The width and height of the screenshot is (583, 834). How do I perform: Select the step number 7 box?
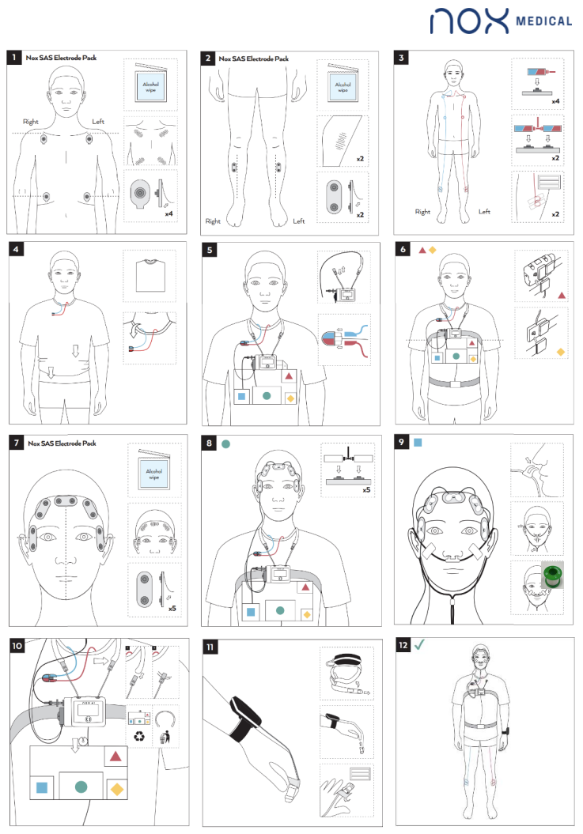(x=16, y=443)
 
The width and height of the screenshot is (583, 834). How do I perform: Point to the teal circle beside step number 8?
(x=226, y=444)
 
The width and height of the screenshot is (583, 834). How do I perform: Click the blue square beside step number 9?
(x=418, y=443)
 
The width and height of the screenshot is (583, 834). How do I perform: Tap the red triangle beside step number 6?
(x=422, y=250)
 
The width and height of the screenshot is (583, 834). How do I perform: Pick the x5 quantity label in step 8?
(x=366, y=490)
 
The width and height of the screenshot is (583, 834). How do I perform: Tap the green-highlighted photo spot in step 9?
(x=552, y=574)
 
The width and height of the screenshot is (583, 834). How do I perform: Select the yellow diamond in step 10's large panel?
(x=116, y=788)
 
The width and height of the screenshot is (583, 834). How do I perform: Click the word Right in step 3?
(x=423, y=212)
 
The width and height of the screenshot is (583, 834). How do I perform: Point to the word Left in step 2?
(x=299, y=221)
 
